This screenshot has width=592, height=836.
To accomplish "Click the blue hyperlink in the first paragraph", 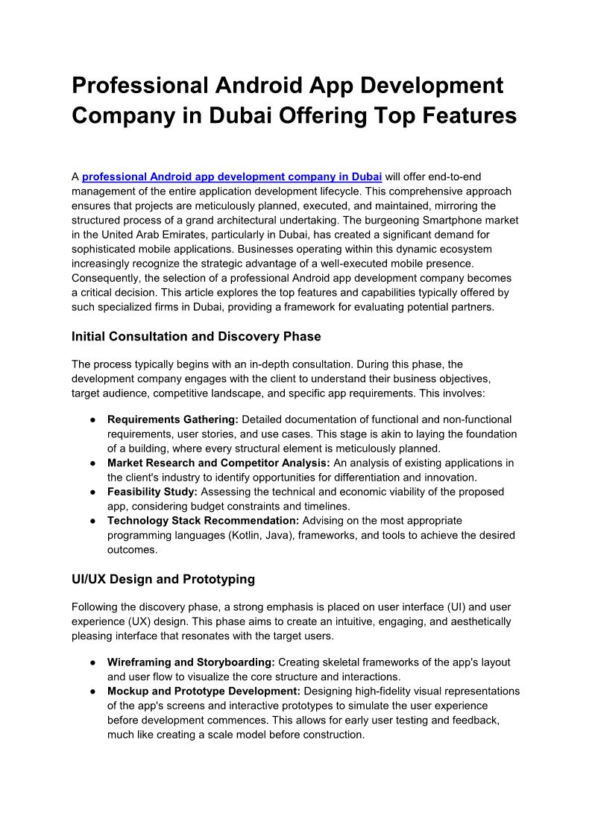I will [x=232, y=177].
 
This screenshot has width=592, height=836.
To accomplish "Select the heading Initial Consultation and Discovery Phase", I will [x=196, y=336].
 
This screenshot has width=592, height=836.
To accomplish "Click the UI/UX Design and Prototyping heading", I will [x=163, y=579].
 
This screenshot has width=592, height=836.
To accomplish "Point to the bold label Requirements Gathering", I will [x=172, y=419].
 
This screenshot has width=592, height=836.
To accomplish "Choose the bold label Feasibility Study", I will [x=151, y=492].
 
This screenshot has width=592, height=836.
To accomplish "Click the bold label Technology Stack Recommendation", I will [x=203, y=521].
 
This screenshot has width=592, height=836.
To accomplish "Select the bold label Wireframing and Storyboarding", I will [x=191, y=662].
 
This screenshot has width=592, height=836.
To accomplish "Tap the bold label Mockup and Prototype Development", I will [x=203, y=691].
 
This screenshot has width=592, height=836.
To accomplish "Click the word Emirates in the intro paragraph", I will [x=180, y=234].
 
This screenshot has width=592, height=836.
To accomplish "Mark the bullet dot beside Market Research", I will [x=89, y=463].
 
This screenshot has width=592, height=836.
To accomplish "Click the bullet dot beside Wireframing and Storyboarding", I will [x=89, y=662].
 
